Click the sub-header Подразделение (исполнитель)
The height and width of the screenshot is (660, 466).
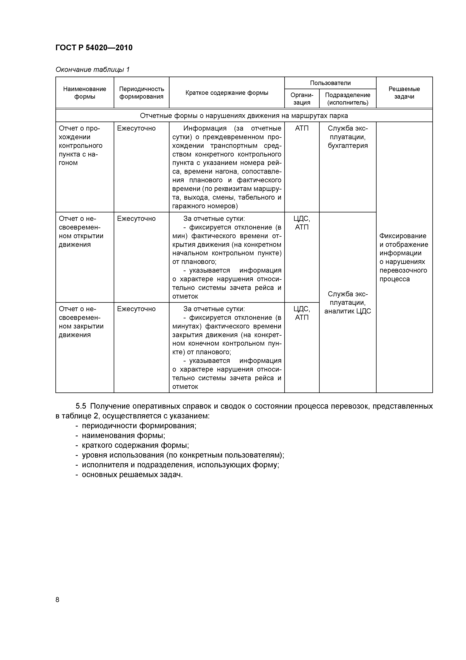pos(347,99)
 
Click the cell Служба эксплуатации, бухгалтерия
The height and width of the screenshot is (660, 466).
pos(347,137)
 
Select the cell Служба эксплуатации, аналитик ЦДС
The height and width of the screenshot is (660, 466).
pos(347,303)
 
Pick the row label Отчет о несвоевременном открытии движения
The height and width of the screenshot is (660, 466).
pos(81,232)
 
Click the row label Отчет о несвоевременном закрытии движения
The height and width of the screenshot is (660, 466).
pos(81,322)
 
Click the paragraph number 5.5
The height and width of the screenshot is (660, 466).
pos(81,406)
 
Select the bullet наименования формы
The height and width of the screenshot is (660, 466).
pos(123,436)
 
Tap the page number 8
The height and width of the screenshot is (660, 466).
pos(57,600)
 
